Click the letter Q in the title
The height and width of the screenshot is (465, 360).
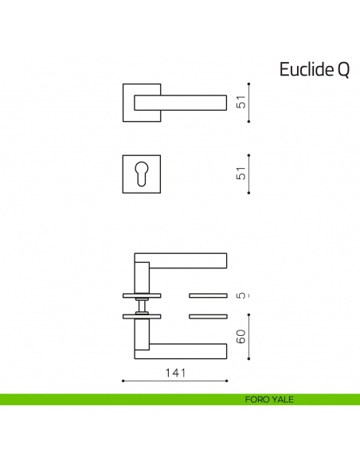point(342,70)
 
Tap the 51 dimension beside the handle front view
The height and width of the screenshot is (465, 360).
point(241,102)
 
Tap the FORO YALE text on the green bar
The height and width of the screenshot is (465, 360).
point(269,399)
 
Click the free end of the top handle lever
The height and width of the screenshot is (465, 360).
point(221,102)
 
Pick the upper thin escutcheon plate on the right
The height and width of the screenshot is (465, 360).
point(208,295)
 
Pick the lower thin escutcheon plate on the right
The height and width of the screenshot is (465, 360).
point(208,317)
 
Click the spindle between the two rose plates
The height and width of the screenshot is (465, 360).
point(142,307)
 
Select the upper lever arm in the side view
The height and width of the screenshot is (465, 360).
point(187,260)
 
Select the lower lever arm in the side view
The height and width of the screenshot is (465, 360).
point(187,348)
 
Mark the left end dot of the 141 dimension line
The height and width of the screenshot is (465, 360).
point(123,381)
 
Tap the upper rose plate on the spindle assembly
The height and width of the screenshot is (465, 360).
point(142,295)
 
